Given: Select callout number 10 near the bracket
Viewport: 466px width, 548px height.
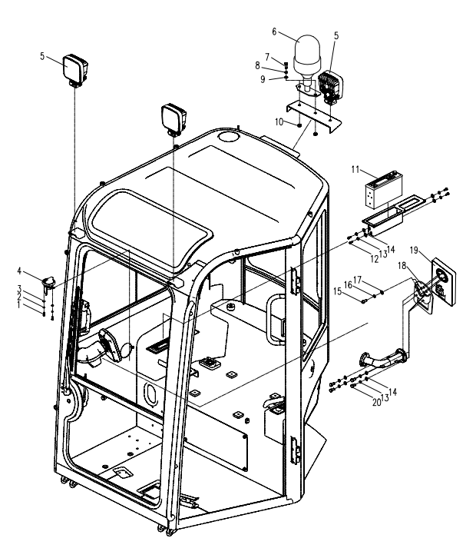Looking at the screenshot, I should (281, 121).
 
